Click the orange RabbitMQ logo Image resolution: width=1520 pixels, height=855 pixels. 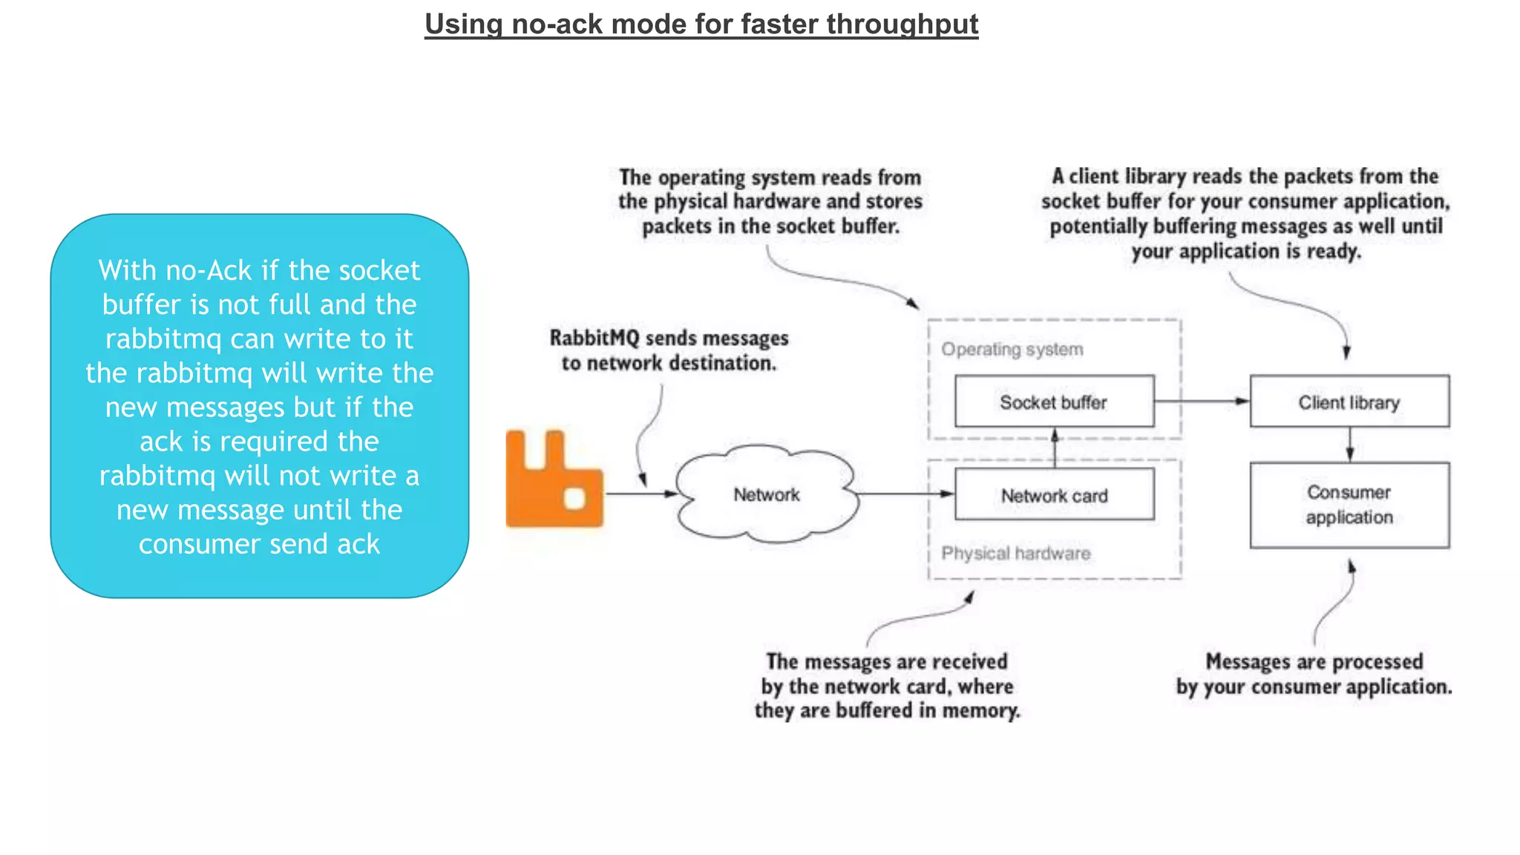[x=554, y=480]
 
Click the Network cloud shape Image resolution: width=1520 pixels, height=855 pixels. [x=766, y=494]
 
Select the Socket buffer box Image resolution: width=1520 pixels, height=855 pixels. [x=1054, y=402]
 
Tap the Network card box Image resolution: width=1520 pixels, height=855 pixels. [x=1054, y=495]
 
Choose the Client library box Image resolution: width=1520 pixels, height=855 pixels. [x=1349, y=402]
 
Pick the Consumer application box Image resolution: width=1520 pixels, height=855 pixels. [x=1349, y=505]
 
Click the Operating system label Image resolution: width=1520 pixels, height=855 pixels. [x=1012, y=349]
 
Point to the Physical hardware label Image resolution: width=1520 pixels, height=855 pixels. [x=1015, y=553]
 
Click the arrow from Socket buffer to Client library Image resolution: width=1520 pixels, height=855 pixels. [x=1202, y=401]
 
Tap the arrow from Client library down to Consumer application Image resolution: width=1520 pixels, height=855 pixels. [x=1349, y=445]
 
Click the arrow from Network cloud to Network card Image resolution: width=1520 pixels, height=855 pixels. [x=905, y=494]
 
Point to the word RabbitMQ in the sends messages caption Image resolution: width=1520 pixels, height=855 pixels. [x=594, y=338]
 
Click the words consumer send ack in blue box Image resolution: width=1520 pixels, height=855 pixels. [x=259, y=544]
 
